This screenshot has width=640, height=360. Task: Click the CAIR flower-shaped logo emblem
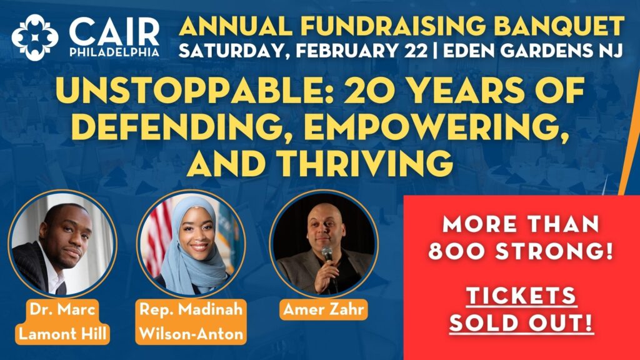pos(35,37)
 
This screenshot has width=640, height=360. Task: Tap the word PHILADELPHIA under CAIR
pos(114,52)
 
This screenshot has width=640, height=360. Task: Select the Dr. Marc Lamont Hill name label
pos(62,322)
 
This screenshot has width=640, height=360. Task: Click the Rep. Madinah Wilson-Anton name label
pos(191,322)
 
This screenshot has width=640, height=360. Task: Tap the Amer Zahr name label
pos(323,309)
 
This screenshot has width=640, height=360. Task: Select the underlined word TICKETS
pos(521,296)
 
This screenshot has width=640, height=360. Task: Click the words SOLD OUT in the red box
pos(521,323)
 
